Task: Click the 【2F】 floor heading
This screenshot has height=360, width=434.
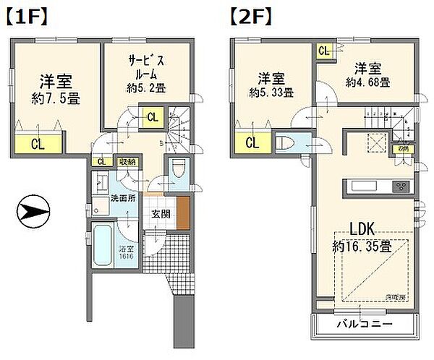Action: point(251,15)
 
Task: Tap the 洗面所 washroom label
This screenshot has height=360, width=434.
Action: point(122,198)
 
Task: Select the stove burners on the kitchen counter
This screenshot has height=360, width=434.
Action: point(401,187)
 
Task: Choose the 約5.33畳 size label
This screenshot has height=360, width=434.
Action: point(271,93)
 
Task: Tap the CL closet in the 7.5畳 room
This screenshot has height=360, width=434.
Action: point(38,142)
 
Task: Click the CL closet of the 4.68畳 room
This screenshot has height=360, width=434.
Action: point(323,51)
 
